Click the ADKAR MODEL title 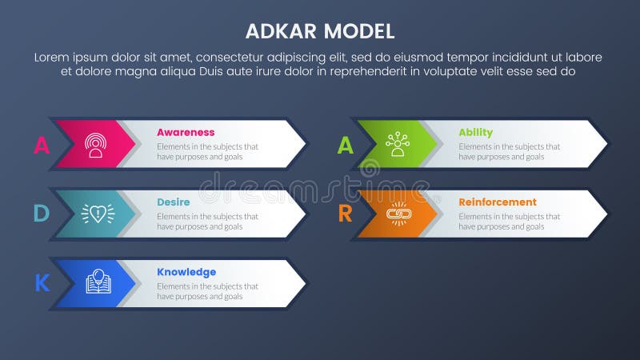[x=320, y=32]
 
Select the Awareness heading [x=186, y=132]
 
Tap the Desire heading [x=174, y=202]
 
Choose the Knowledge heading [x=186, y=272]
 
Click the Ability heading [x=475, y=132]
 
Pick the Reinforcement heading [x=498, y=202]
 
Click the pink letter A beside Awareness [x=41, y=145]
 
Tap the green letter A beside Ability [x=345, y=145]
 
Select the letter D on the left [x=41, y=214]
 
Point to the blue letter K [x=42, y=283]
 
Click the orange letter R [x=345, y=214]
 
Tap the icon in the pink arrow [x=96, y=145]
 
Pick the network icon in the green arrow [x=397, y=145]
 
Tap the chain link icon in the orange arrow [x=397, y=214]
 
